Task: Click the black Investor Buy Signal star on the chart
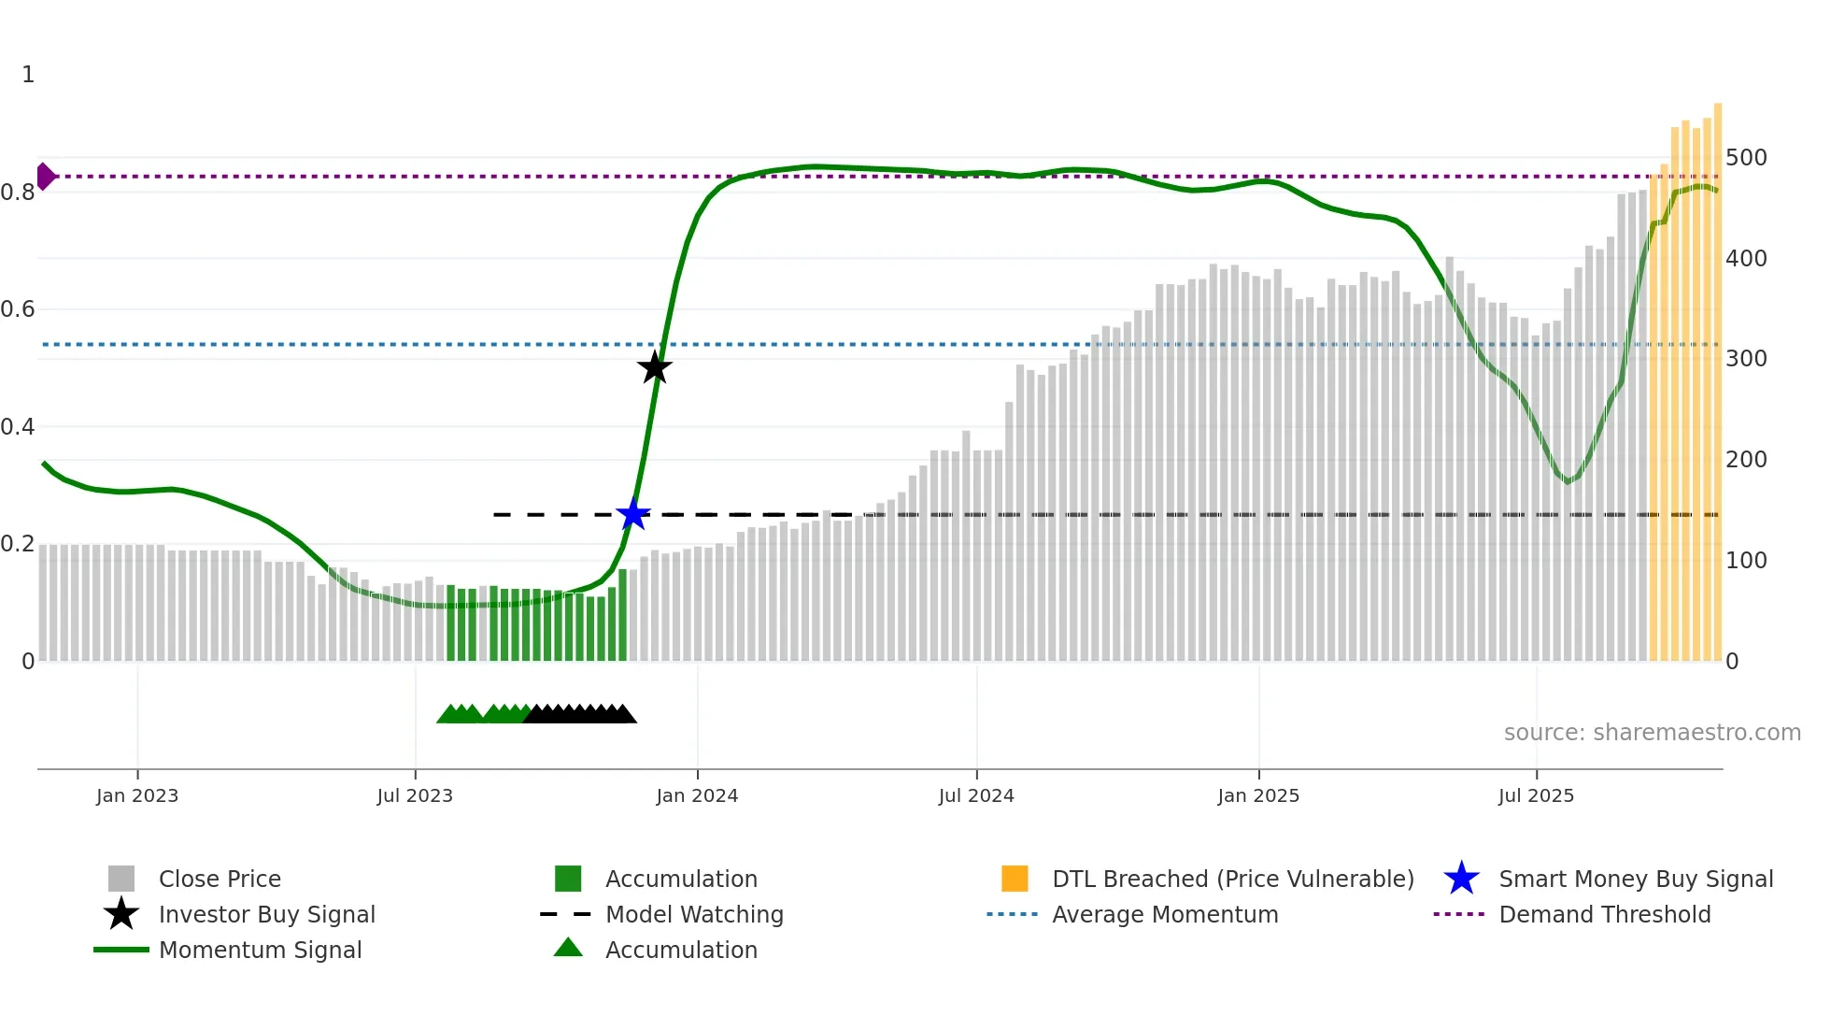pyautogui.click(x=655, y=367)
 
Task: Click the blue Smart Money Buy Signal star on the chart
pyautogui.click(x=633, y=514)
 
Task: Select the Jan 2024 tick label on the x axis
pyautogui.click(x=697, y=795)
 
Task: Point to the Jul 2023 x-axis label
pyautogui.click(x=415, y=795)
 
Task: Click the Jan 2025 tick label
pyautogui.click(x=1258, y=795)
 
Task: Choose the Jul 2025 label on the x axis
pyautogui.click(x=1536, y=795)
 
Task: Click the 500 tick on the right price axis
pyautogui.click(x=1746, y=157)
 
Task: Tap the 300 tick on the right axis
pyautogui.click(x=1746, y=358)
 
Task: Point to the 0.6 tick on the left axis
pyautogui.click(x=18, y=309)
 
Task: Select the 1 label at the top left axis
pyautogui.click(x=28, y=75)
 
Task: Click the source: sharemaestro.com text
pyautogui.click(x=1652, y=733)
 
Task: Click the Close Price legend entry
pyautogui.click(x=220, y=879)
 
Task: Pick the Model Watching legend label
pyautogui.click(x=694, y=914)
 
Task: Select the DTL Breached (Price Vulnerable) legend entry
pyautogui.click(x=1232, y=879)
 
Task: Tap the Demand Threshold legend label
pyautogui.click(x=1604, y=914)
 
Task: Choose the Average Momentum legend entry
pyautogui.click(x=1165, y=914)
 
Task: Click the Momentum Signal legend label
pyautogui.click(x=260, y=950)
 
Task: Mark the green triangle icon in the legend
pyautogui.click(x=568, y=948)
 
